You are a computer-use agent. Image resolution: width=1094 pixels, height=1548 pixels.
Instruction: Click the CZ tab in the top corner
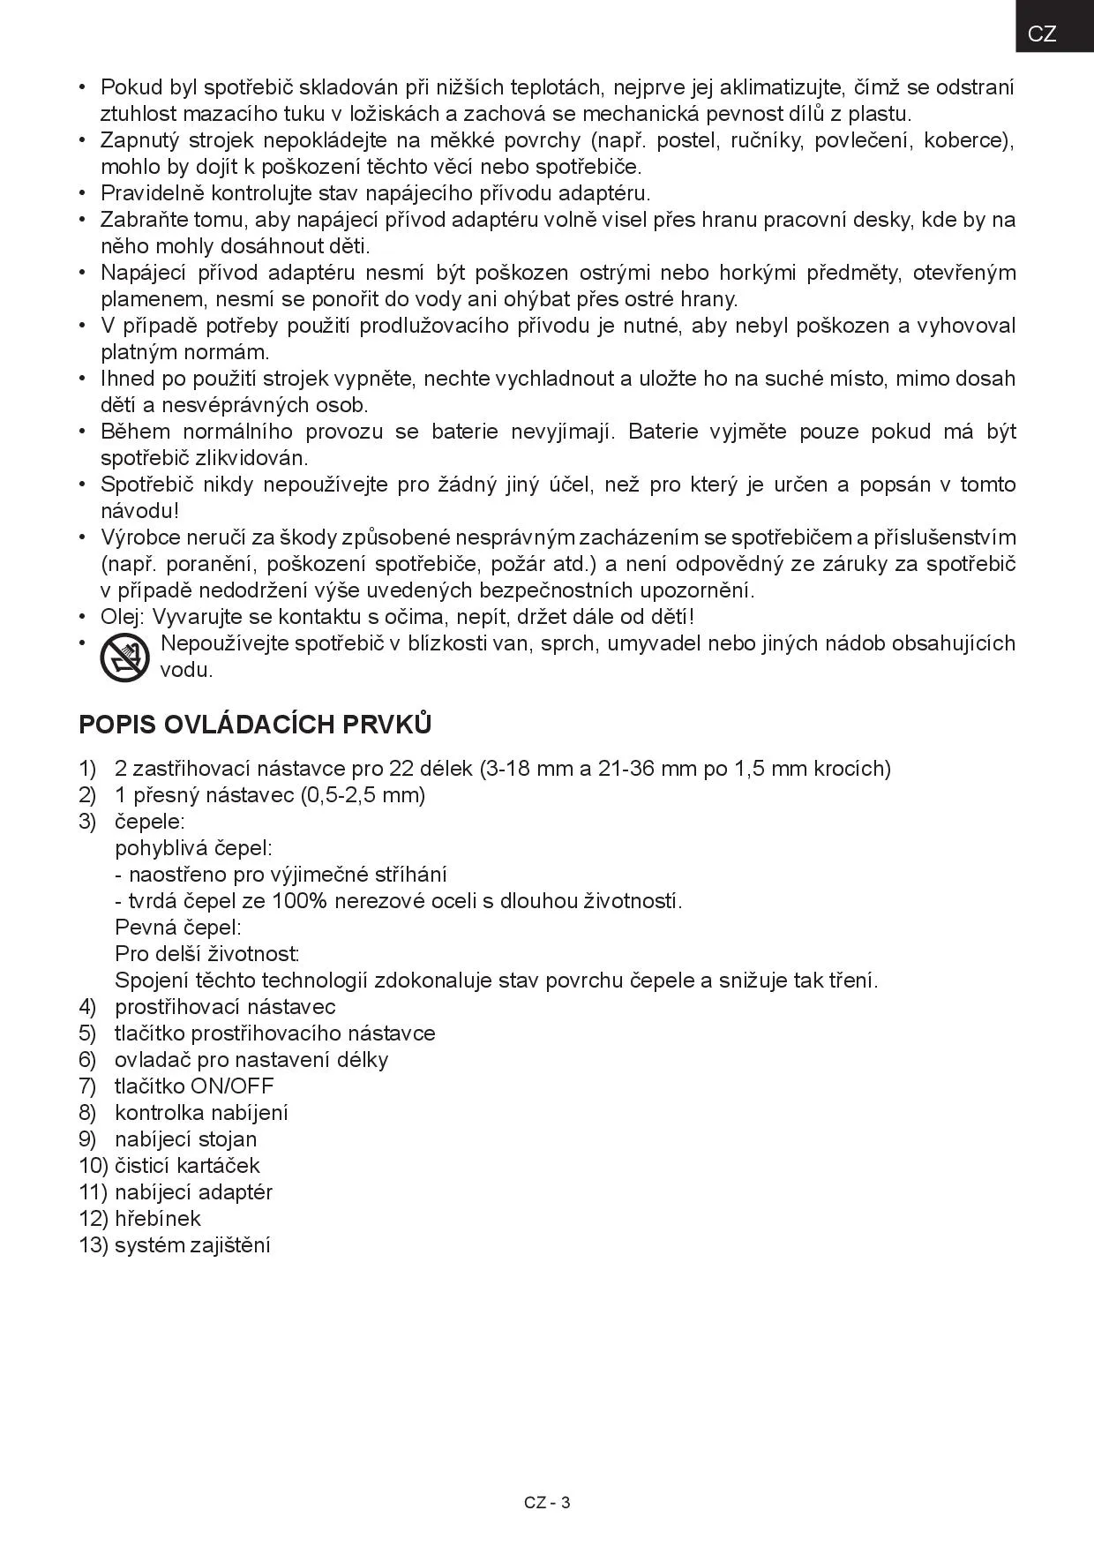pos(1042,34)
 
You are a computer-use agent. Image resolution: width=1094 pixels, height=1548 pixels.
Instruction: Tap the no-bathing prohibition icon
pos(125,657)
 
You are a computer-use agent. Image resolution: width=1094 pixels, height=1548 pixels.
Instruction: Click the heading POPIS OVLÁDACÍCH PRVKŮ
pos(255,725)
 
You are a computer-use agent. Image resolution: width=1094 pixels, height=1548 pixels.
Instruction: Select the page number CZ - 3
pos(547,1502)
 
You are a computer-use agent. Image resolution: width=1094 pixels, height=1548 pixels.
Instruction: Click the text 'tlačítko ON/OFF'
pos(194,1086)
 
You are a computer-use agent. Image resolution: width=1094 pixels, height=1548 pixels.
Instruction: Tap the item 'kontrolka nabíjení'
pos(201,1113)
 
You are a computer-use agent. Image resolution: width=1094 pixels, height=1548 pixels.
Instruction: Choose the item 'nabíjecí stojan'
pos(185,1139)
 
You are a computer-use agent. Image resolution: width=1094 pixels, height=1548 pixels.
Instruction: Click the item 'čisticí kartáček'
pos(187,1166)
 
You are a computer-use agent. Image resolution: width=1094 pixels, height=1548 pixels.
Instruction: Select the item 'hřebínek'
pos(158,1219)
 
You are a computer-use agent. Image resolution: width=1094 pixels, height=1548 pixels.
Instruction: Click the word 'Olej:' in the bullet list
pos(124,617)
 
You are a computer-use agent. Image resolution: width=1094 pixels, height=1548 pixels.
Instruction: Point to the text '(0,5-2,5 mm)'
pos(363,795)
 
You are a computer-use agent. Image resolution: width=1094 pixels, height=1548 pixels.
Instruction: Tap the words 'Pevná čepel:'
pos(178,928)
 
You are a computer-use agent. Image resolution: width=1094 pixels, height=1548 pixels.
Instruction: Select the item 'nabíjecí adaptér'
pos(193,1192)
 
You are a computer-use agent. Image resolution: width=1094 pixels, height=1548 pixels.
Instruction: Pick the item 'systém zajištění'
pos(192,1245)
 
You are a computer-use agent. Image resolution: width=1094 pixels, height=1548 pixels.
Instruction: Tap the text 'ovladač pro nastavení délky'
pos(251,1060)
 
